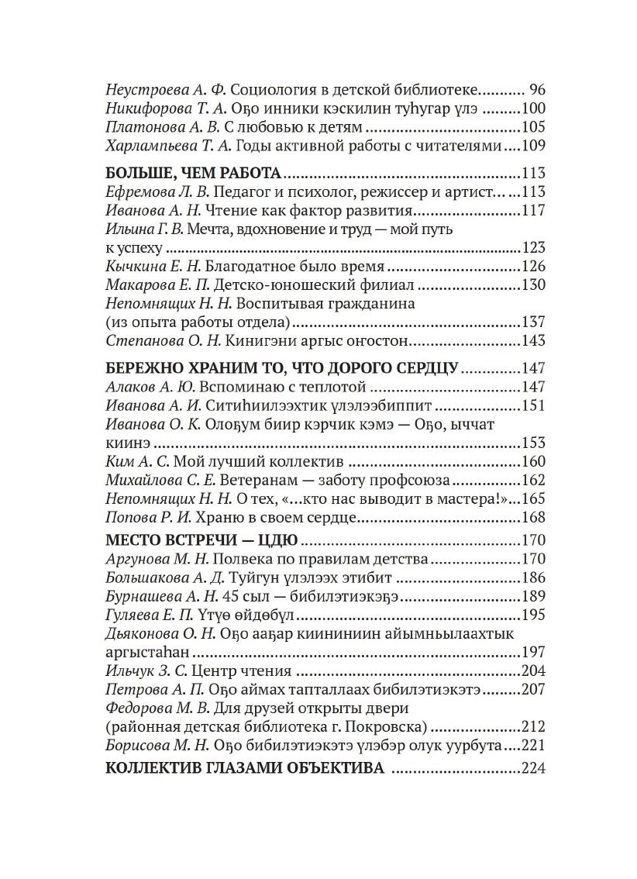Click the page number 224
pyautogui.click(x=533, y=769)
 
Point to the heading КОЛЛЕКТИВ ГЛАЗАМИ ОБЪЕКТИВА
pyautogui.click(x=244, y=769)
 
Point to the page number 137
pyautogui.click(x=533, y=322)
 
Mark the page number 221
pyautogui.click(x=533, y=746)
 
